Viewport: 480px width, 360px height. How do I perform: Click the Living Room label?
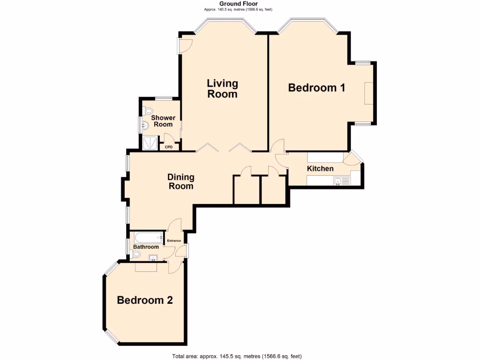point(223,89)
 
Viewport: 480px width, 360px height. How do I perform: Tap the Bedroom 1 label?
point(316,88)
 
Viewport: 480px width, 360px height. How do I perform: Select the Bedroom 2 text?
point(145,300)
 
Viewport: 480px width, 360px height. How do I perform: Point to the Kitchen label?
point(320,169)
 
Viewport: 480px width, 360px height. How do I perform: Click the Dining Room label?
point(181,181)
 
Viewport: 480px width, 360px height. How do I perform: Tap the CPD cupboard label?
point(169,147)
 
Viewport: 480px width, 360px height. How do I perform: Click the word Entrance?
point(174,241)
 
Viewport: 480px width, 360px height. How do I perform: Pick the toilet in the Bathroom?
point(136,254)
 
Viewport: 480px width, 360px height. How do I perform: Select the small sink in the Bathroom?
point(153,257)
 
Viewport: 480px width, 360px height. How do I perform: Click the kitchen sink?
point(338,181)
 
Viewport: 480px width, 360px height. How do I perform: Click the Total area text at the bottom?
point(237,356)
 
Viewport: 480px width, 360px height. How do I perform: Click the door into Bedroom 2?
point(175,268)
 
